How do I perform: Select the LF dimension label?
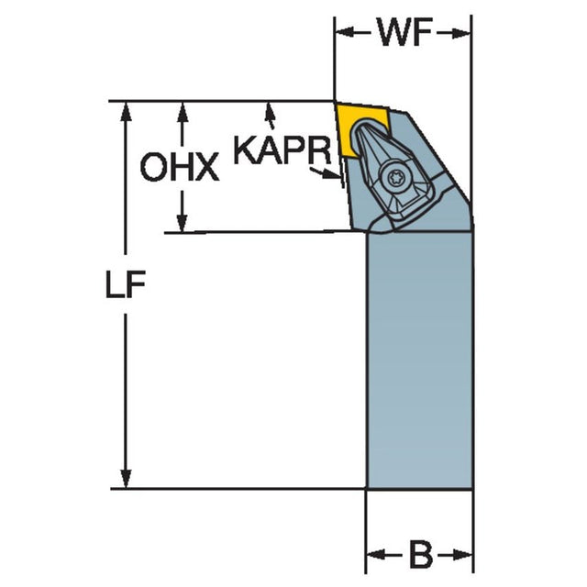[126, 284]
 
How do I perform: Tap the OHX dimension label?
[180, 167]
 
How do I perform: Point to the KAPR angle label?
[282, 150]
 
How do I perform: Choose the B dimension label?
[421, 554]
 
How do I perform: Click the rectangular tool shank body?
[419, 360]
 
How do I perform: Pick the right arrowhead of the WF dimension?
[460, 33]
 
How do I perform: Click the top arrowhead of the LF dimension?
[126, 111]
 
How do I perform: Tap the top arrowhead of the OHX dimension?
[183, 111]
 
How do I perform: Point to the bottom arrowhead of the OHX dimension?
[182, 222]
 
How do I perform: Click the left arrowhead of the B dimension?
[376, 554]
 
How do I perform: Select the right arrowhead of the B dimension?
[462, 554]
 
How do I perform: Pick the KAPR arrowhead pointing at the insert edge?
[331, 174]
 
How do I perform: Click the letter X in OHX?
[206, 167]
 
